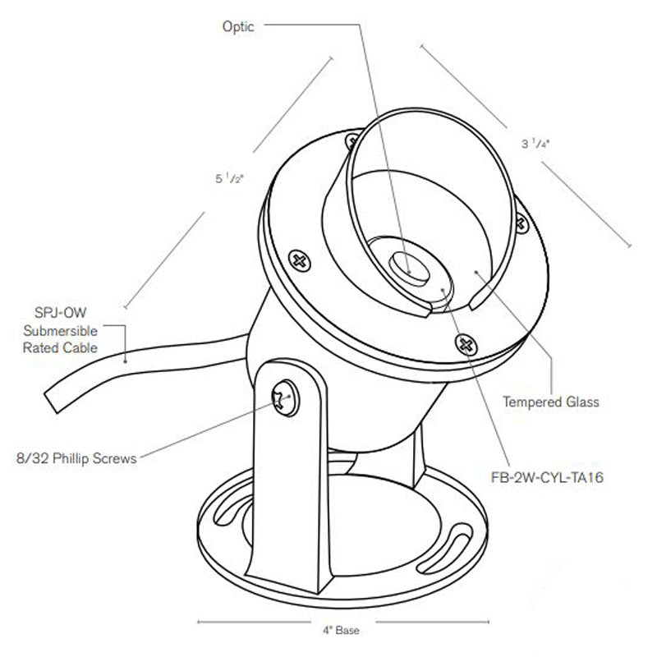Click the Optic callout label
(238, 27)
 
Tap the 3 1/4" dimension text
(534, 144)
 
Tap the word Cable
(85, 347)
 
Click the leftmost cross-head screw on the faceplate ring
(299, 262)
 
